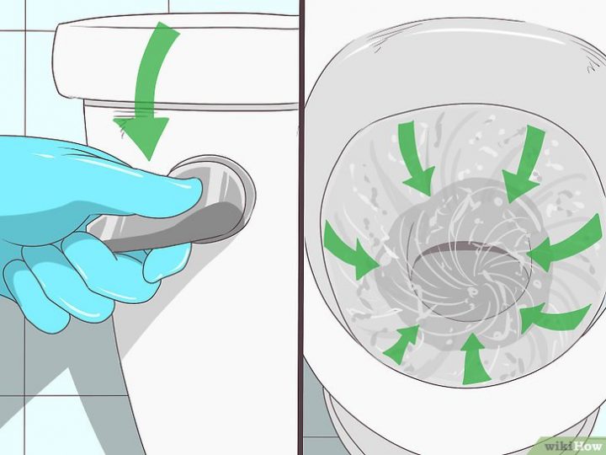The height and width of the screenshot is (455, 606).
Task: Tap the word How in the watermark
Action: point(586,444)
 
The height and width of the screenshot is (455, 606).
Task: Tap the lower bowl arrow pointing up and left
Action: point(550,318)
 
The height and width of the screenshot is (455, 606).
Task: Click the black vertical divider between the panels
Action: point(300,227)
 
